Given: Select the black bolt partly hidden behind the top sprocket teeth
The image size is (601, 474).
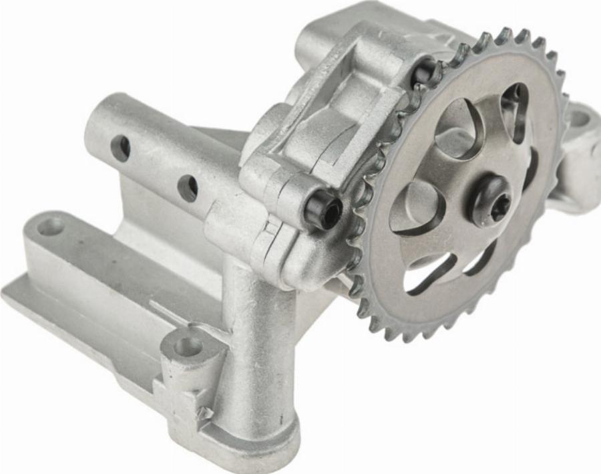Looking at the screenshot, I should click(x=425, y=71).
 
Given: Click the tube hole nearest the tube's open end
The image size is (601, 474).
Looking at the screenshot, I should click(x=120, y=148).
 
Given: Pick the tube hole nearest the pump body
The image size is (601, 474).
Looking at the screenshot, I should click(x=188, y=188).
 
